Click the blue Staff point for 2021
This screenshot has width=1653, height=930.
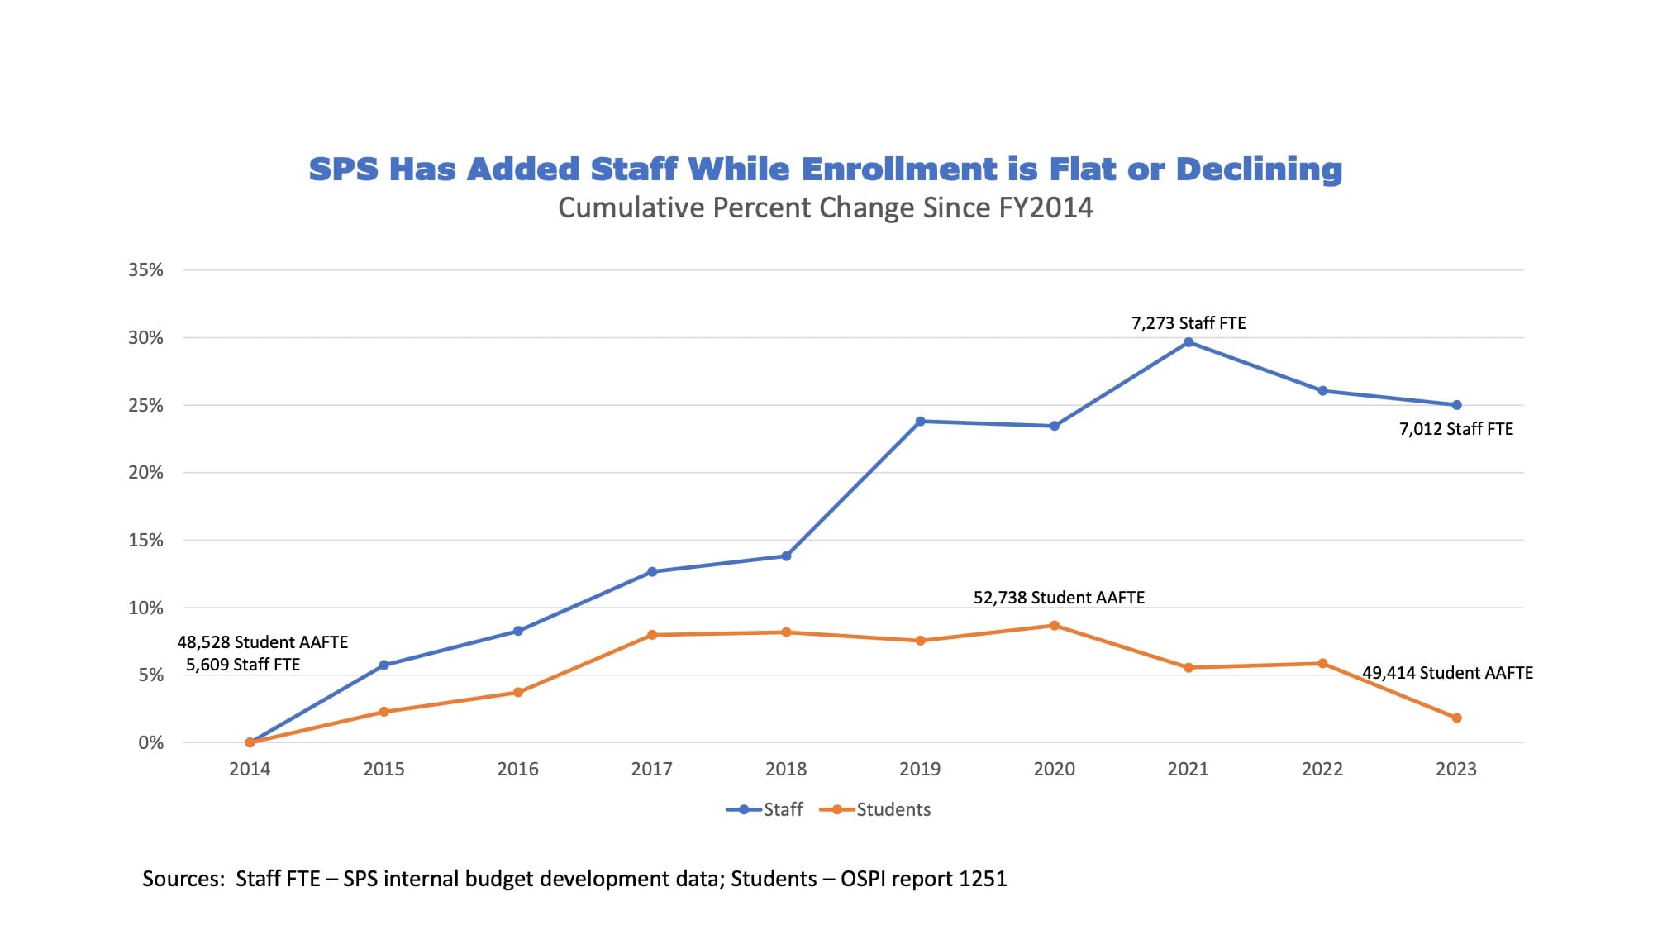tap(1189, 342)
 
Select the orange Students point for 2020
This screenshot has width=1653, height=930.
tap(1055, 626)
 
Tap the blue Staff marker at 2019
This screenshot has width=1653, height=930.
tap(921, 422)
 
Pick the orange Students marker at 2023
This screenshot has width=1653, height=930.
tap(1456, 718)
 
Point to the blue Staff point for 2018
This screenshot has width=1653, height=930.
tap(786, 556)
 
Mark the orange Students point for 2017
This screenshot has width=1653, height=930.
tap(652, 635)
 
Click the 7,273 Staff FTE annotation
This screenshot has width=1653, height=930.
tap(1189, 323)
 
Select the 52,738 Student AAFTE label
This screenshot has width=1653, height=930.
tap(1059, 598)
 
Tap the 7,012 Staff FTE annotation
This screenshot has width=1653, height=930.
tap(1455, 429)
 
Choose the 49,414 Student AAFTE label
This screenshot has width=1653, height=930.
tap(1447, 673)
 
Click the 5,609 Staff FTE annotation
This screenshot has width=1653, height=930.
tap(243, 665)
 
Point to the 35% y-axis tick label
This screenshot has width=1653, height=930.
tap(145, 270)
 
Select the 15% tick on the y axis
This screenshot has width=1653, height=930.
tap(145, 541)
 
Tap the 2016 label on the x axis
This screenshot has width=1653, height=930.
tap(518, 770)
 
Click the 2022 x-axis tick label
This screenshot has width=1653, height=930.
tap(1322, 770)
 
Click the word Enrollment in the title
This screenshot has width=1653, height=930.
tap(899, 169)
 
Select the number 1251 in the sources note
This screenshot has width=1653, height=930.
tap(983, 879)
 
